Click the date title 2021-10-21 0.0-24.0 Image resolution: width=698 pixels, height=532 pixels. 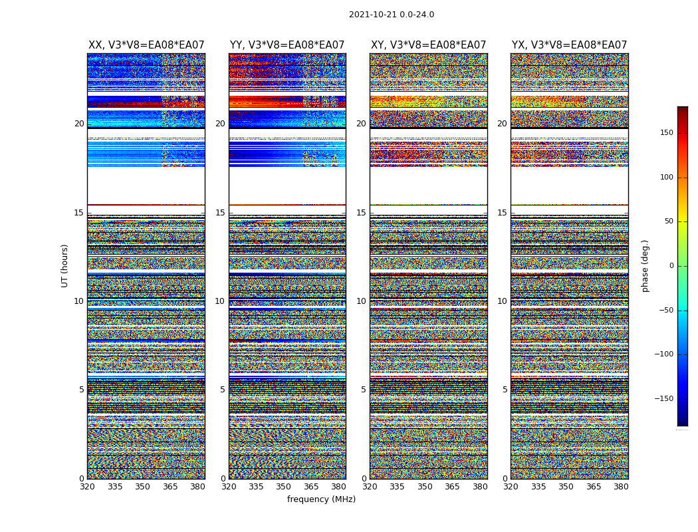pyautogui.click(x=392, y=15)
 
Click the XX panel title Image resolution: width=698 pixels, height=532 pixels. pyautogui.click(x=146, y=45)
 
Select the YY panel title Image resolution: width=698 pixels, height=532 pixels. pyautogui.click(x=287, y=45)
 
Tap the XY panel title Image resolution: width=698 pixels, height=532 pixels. pyautogui.click(x=428, y=45)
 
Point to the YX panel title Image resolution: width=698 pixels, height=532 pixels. pyautogui.click(x=569, y=45)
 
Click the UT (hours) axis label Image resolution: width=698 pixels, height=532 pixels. pyautogui.click(x=65, y=265)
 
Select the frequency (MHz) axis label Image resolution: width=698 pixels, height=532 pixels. pyautogui.click(x=321, y=499)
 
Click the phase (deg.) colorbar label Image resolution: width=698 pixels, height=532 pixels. pyautogui.click(x=645, y=265)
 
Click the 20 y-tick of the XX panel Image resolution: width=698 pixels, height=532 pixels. pyautogui.click(x=79, y=124)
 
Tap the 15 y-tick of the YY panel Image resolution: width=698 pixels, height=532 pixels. pyautogui.click(x=220, y=213)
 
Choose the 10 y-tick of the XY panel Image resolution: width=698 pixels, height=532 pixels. pyautogui.click(x=361, y=301)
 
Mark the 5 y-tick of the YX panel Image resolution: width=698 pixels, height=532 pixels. pyautogui.click(x=505, y=390)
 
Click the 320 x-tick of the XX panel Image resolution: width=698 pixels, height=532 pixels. pyautogui.click(x=87, y=487)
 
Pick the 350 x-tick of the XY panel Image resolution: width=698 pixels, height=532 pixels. pyautogui.click(x=425, y=487)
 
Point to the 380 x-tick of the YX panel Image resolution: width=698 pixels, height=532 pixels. pyautogui.click(x=621, y=487)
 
